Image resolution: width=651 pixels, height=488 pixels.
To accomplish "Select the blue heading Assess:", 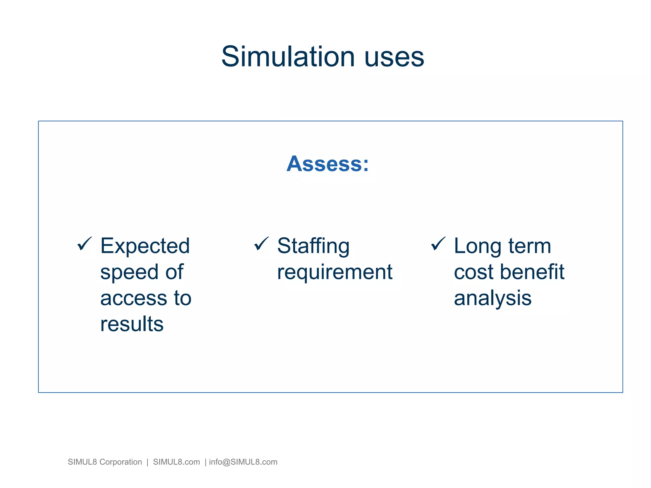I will click(327, 164).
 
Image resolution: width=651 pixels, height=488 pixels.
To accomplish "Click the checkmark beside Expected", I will click(85, 244).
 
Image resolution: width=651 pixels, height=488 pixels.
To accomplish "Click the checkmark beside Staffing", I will click(261, 244).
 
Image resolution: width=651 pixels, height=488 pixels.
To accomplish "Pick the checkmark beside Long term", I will click(438, 244).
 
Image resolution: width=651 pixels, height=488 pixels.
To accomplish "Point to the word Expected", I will click(145, 246).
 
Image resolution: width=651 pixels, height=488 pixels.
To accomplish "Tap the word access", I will click(134, 299).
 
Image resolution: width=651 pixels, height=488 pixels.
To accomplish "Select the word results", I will click(132, 324).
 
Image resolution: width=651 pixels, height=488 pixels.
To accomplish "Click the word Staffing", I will click(313, 246).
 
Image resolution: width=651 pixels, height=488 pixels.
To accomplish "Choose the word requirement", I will click(334, 273).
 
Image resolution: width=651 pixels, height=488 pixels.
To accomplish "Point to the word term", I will click(530, 246).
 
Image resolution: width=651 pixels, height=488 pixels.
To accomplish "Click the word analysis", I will click(492, 299).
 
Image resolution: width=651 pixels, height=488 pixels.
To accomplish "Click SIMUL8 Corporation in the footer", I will click(105, 462).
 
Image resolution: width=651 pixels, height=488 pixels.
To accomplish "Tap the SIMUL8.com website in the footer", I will click(176, 462).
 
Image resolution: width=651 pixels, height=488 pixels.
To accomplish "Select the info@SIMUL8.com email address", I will click(243, 462).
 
